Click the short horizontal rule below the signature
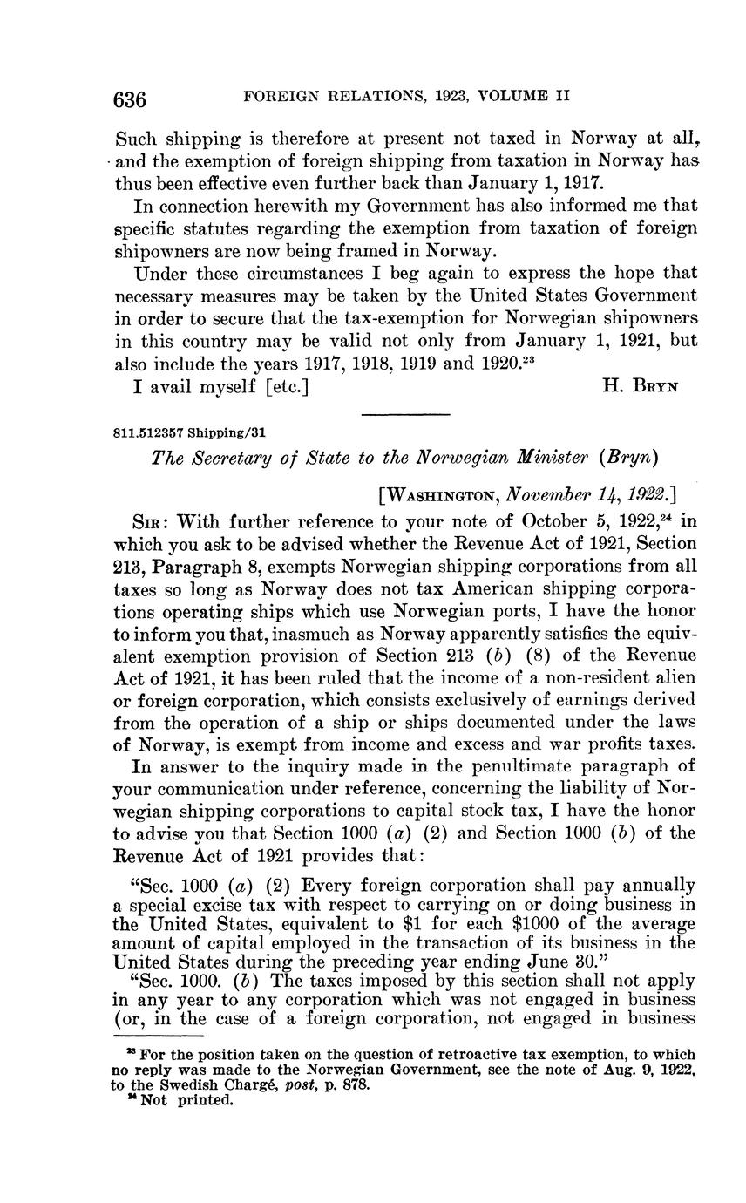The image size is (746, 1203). pos(404,414)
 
